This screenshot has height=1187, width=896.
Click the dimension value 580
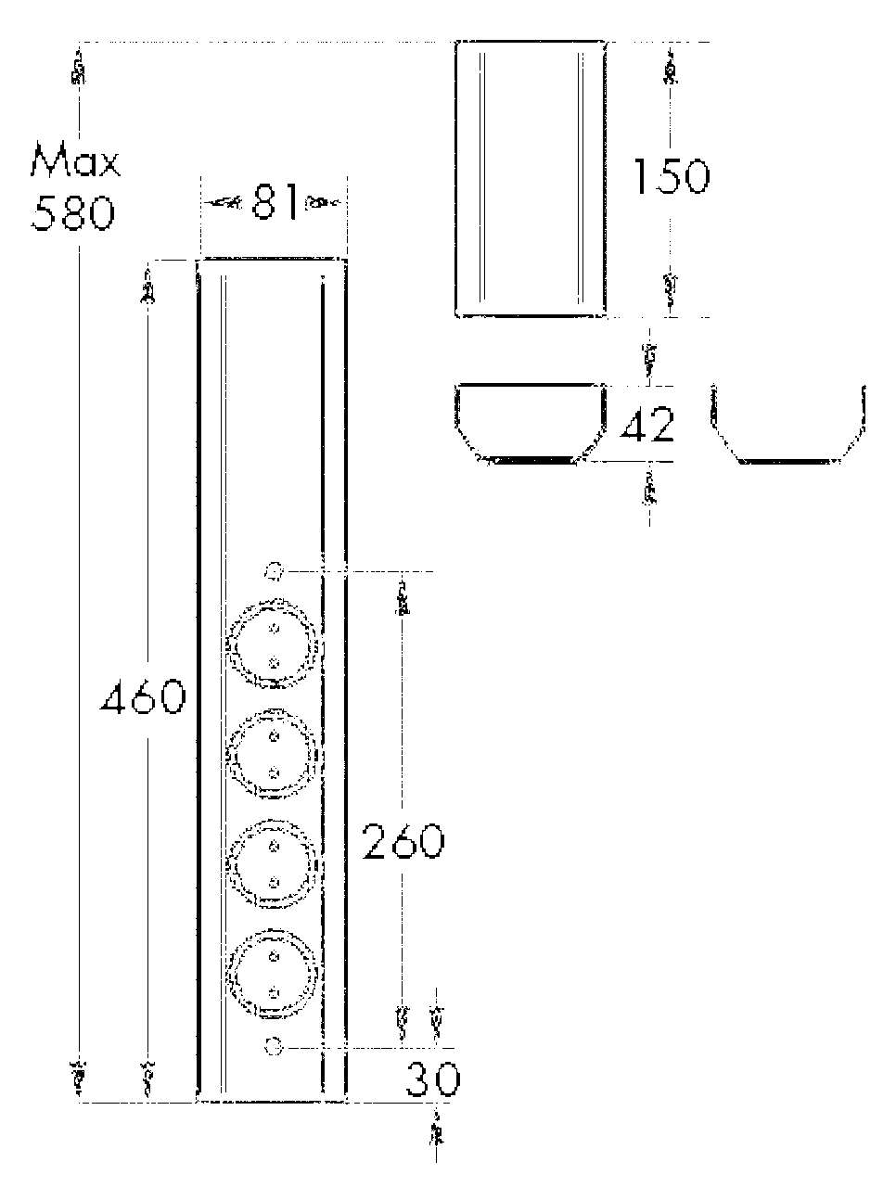pyautogui.click(x=72, y=213)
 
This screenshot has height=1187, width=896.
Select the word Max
pyautogui.click(x=75, y=161)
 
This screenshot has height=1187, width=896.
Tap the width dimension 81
pyautogui.click(x=275, y=202)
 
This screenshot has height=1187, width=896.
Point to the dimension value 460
pyautogui.click(x=143, y=697)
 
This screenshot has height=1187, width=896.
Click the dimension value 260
pyautogui.click(x=403, y=841)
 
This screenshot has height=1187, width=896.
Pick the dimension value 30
pyautogui.click(x=432, y=1079)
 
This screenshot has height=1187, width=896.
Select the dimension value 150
pyautogui.click(x=671, y=176)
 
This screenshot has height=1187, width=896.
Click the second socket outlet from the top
pyautogui.click(x=274, y=754)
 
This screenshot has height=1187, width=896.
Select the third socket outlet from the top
pyautogui.click(x=274, y=863)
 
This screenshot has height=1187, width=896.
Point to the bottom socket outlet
pyautogui.click(x=274, y=974)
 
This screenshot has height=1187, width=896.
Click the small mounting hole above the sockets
pyautogui.click(x=273, y=570)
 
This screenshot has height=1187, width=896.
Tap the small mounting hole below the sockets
pyautogui.click(x=273, y=1046)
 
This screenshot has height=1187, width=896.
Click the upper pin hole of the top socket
pyautogui.click(x=274, y=629)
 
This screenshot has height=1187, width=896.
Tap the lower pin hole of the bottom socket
pyautogui.click(x=274, y=992)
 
